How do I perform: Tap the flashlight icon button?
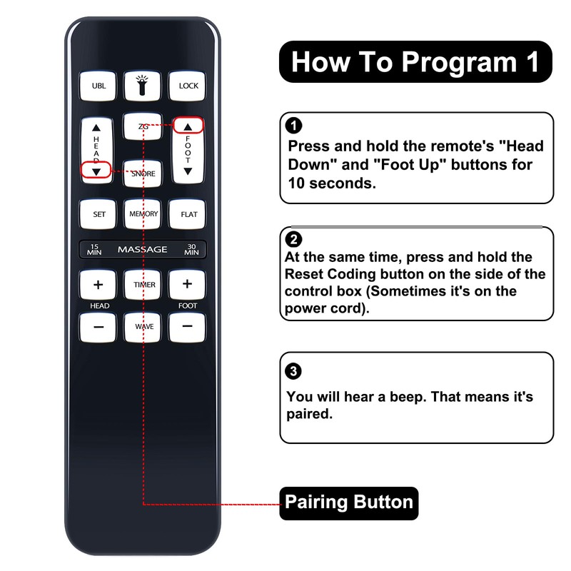143,86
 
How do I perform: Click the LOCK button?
188,86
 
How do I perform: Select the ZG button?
143,126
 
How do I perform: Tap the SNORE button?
143,173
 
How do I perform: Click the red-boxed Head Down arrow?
96,171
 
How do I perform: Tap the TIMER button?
143,285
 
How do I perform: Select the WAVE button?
143,327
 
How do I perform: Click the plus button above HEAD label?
98,285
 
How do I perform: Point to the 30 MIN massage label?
191,249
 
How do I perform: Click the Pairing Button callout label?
349,502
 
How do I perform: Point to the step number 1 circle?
293,127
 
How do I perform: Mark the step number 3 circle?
293,371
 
